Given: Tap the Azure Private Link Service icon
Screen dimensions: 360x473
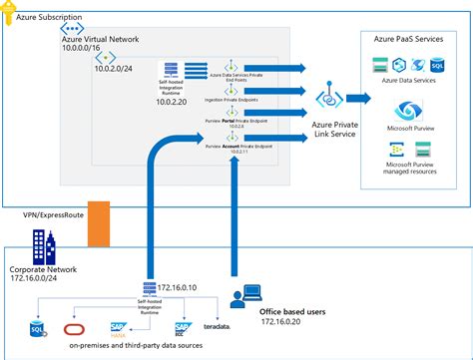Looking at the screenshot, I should [x=325, y=100].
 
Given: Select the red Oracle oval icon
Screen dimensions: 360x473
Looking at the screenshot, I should [x=74, y=329].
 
